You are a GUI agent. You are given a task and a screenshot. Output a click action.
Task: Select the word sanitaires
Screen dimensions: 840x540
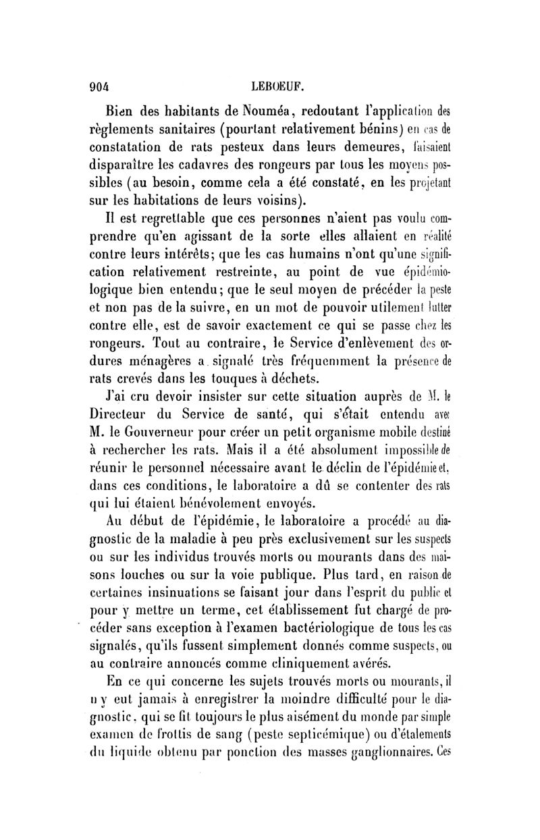[x=230, y=128]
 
